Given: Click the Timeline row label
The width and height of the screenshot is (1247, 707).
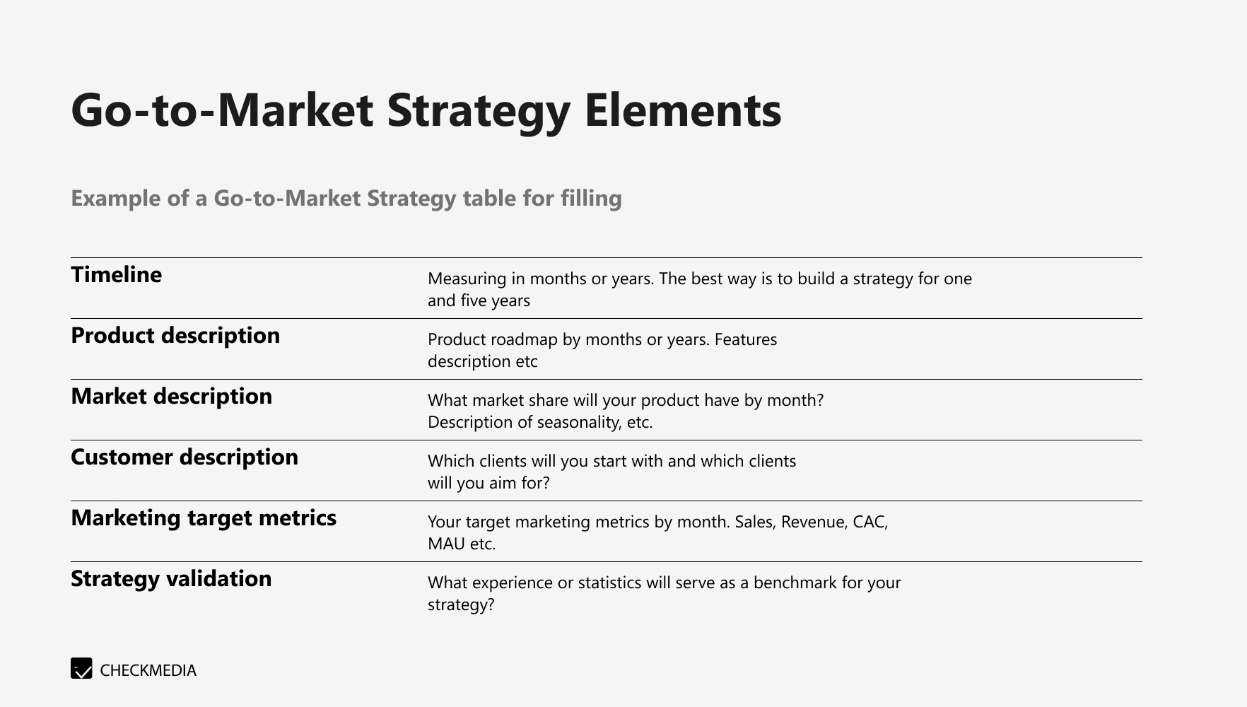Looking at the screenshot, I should pos(116,274).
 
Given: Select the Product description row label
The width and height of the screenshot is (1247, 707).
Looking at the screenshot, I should pos(175,335).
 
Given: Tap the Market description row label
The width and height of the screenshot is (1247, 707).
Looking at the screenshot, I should pos(171,396).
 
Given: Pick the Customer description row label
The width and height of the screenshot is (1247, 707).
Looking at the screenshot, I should pos(185,457).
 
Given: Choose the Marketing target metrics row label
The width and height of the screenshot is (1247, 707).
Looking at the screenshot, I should pos(204,518).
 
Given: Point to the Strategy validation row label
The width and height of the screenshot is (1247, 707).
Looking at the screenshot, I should pos(171,578).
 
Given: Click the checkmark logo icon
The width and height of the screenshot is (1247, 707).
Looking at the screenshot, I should pos(81,668).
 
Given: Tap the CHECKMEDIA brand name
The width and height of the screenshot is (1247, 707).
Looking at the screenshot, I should pos(148,670).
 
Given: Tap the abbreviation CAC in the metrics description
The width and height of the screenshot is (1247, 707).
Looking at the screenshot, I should pos(869,522).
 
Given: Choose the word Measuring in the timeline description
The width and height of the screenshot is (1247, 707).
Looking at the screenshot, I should pos(467,279).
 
